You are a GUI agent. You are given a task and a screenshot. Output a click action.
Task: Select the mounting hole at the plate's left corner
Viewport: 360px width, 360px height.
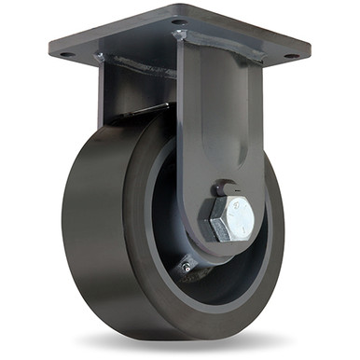[x=66, y=54]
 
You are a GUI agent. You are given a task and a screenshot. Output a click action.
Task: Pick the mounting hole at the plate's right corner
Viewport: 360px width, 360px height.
[x=290, y=56]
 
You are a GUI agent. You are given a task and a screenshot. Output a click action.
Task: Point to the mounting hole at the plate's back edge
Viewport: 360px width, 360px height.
[x=178, y=21]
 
